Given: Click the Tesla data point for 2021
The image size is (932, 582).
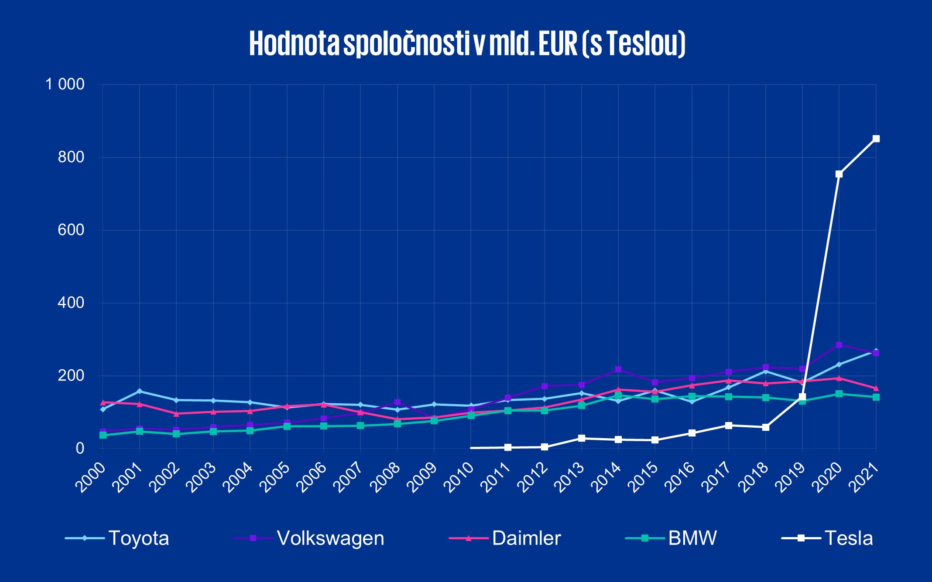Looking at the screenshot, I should (x=876, y=139).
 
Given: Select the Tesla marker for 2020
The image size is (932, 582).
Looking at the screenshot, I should (x=839, y=174).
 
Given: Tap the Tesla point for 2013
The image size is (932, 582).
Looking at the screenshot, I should (x=581, y=438).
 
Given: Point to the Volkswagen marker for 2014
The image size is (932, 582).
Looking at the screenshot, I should (x=618, y=369).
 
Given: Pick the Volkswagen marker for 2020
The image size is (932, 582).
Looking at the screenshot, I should (x=839, y=345).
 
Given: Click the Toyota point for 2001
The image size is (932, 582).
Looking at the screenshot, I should (x=140, y=391).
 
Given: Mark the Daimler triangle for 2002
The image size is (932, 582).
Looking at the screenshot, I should (x=176, y=413).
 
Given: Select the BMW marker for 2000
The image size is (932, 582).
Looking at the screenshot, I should (x=103, y=435).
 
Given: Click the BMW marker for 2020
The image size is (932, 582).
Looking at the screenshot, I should (x=839, y=394).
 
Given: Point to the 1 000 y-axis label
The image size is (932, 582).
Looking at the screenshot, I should (x=65, y=85).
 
